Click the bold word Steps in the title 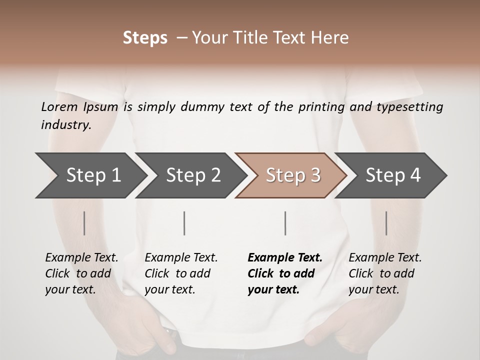tap(145, 38)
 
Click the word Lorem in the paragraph tap(59, 106)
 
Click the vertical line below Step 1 tap(84, 223)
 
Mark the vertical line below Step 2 tap(184, 223)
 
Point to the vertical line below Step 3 tap(285, 223)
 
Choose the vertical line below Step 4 tap(386, 223)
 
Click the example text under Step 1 tap(81, 273)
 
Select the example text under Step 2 tap(181, 273)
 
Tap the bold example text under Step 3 tap(285, 273)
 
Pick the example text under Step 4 tap(385, 273)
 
